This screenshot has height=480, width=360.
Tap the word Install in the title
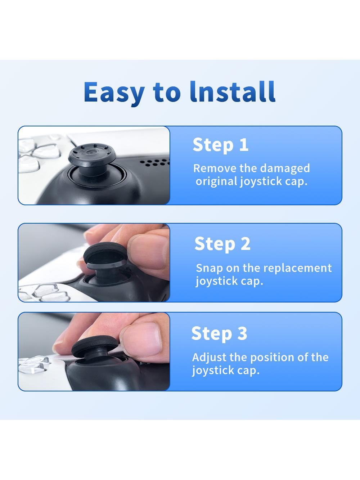pyautogui.click(x=232, y=91)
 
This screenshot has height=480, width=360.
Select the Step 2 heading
pyautogui.click(x=222, y=245)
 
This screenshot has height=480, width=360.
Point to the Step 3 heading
pyautogui.click(x=219, y=333)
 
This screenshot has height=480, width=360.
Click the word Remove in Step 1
pyautogui.click(x=215, y=168)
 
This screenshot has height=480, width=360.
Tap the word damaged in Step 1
pyautogui.click(x=285, y=169)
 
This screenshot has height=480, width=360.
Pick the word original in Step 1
pyautogui.click(x=216, y=182)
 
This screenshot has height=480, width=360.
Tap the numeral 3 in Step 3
pyautogui.click(x=242, y=333)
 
